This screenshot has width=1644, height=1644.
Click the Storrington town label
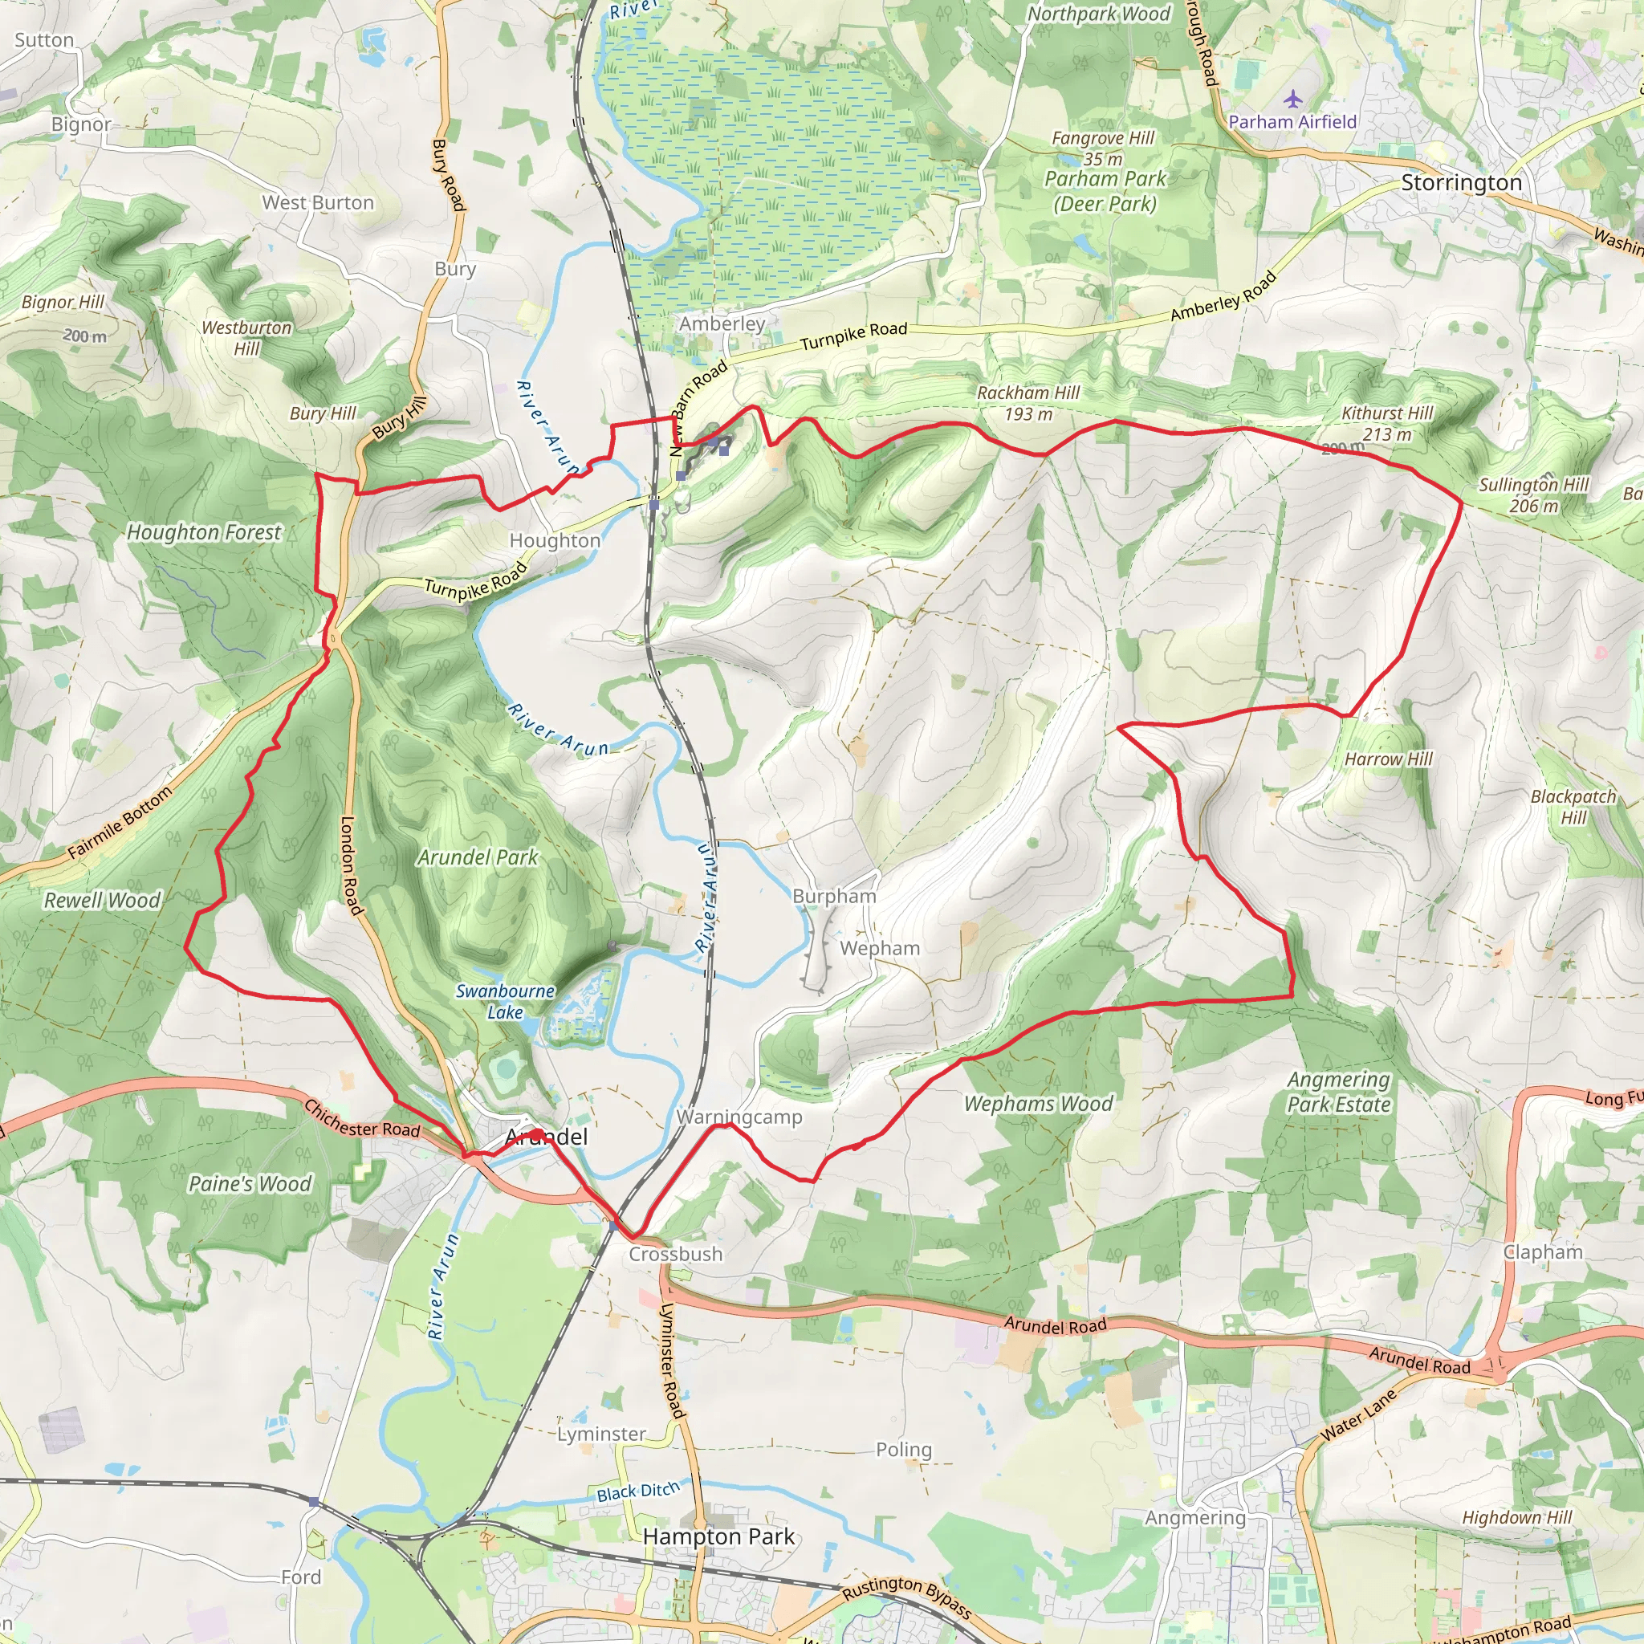click(1461, 183)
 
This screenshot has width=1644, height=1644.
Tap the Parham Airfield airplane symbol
click(1292, 100)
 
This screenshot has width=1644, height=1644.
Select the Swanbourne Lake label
click(506, 1002)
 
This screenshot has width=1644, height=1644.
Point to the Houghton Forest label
click(203, 533)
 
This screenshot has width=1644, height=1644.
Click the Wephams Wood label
click(1038, 1104)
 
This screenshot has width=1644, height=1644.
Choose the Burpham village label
click(834, 896)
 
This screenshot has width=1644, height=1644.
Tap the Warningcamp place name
click(739, 1117)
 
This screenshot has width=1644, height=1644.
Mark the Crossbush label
click(676, 1253)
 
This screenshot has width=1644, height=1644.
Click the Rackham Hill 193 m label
click(1028, 403)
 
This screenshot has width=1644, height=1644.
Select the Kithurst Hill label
click(1387, 413)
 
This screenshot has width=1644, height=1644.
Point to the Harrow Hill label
click(1389, 759)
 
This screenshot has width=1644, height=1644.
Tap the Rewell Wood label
click(102, 901)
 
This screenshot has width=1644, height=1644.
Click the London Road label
click(352, 865)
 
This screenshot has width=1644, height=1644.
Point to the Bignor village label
click(81, 124)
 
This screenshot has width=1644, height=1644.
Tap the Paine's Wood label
click(250, 1184)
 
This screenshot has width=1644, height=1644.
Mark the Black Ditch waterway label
click(638, 1491)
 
